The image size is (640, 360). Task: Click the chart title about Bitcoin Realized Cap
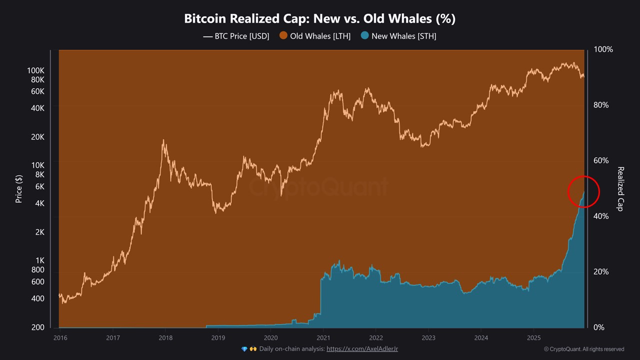320,19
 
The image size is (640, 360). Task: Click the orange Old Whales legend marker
283,36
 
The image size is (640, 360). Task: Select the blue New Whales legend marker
365,36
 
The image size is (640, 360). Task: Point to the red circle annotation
583,191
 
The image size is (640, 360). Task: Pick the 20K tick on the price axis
37,137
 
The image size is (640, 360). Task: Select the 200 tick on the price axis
38,327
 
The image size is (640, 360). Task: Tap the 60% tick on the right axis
601,160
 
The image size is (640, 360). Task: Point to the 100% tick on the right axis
603,49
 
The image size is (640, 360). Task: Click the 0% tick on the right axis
599,327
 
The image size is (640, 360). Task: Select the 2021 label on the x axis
323,337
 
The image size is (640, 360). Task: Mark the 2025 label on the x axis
533,337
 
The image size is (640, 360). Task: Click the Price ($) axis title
19,188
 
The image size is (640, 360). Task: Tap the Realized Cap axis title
620,188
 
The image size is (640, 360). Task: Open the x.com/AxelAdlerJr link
362,349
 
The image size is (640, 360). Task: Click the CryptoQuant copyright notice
584,349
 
